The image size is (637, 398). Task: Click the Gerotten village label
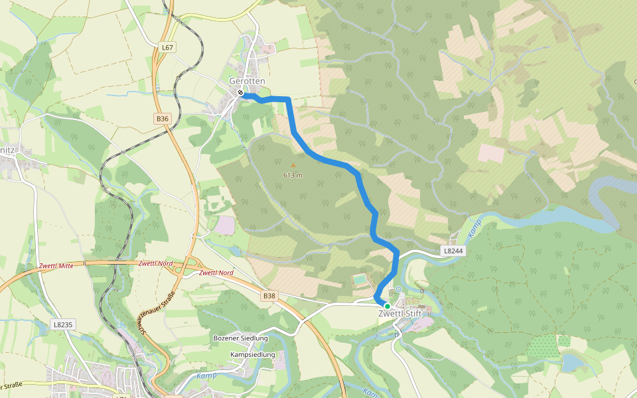(x=247, y=81)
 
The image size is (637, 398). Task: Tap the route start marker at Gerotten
(x=240, y=94)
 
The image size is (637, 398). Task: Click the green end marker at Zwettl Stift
(x=388, y=306)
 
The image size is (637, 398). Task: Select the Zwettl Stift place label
(x=400, y=314)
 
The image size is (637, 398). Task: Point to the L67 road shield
(x=167, y=48)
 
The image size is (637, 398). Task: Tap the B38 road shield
(x=269, y=296)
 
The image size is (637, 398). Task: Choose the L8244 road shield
(x=454, y=251)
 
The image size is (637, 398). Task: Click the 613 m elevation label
(x=293, y=175)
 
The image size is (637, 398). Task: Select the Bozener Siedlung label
(x=240, y=338)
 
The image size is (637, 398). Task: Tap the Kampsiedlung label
(x=252, y=355)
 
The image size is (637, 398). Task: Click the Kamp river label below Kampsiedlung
(x=206, y=375)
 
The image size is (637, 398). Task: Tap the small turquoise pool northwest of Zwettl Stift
(x=359, y=280)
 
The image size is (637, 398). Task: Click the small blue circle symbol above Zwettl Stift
(x=399, y=289)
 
